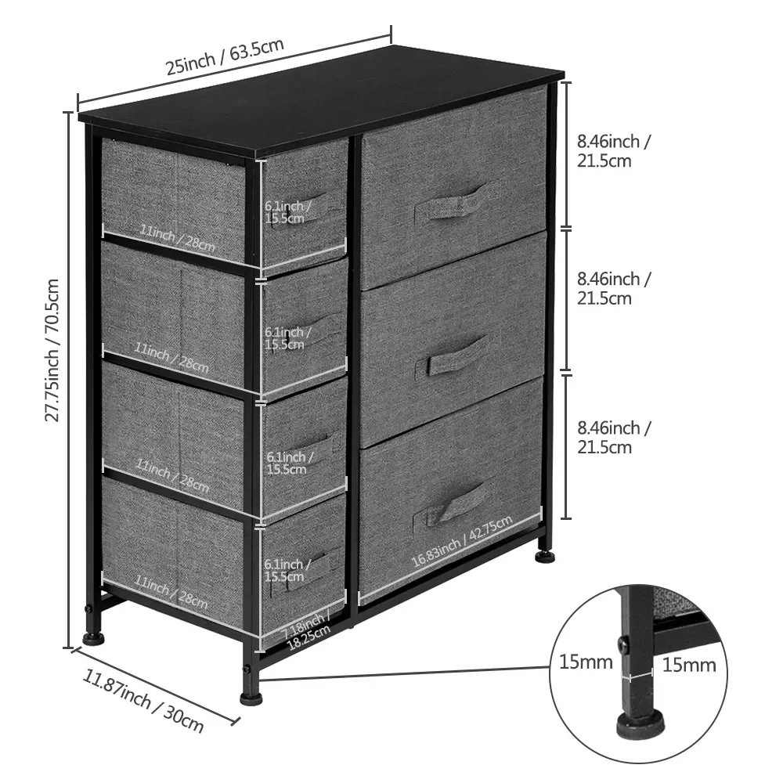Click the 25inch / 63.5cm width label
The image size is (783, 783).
click(225, 56)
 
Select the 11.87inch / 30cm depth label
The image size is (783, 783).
click(143, 701)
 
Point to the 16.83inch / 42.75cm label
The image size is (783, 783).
click(462, 541)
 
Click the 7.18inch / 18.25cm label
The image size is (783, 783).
click(306, 630)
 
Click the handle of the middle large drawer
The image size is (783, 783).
click(458, 355)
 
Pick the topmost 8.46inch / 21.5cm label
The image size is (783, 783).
click(614, 151)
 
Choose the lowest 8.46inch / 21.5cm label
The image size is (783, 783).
click(614, 438)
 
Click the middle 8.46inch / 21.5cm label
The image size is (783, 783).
click(614, 288)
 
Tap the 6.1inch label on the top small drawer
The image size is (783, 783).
click(288, 211)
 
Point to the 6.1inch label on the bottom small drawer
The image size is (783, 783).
click(287, 570)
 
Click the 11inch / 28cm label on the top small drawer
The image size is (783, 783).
click(177, 238)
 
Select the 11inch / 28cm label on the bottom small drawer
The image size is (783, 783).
click(171, 592)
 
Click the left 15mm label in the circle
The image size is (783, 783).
click(585, 662)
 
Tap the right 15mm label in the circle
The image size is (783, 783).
click(688, 665)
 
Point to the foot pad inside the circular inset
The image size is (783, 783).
click(640, 724)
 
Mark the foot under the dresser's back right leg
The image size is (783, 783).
click(545, 556)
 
